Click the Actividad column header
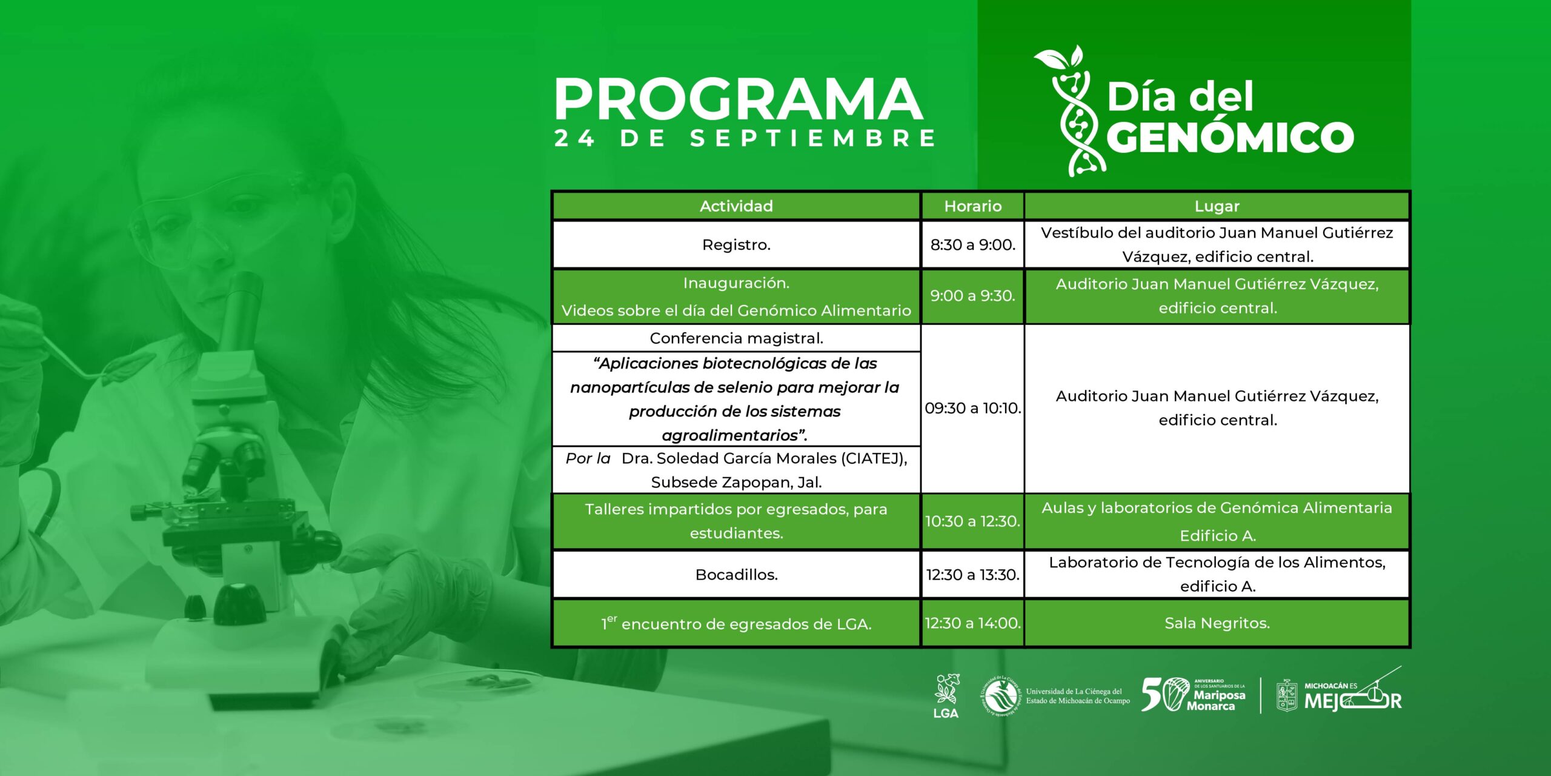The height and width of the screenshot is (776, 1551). coord(736,206)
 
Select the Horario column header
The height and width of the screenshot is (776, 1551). coord(972,206)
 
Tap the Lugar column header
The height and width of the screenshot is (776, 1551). coord(1217,206)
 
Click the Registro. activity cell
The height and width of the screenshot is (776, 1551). coord(736,244)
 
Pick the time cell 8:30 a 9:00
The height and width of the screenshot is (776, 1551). coord(972,244)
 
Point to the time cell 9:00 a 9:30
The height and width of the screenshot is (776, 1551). coord(972,296)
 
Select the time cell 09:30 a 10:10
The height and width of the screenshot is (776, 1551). coord(972,408)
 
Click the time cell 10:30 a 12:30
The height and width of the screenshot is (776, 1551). coord(972,521)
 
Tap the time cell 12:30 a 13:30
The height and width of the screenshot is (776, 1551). coord(972,574)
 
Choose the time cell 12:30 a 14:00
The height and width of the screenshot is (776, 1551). coord(972,623)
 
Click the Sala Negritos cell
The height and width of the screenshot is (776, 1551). coord(1217,623)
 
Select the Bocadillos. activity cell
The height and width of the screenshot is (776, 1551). coord(736,574)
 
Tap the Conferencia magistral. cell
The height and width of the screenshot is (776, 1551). coord(736,338)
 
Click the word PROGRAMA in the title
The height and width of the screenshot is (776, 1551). coord(739,99)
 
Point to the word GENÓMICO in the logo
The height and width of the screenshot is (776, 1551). coord(1230,138)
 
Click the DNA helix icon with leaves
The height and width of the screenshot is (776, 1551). coord(1070,110)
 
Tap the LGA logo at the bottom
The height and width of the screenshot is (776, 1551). coord(946,696)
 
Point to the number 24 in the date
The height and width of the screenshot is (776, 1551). coord(574,138)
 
